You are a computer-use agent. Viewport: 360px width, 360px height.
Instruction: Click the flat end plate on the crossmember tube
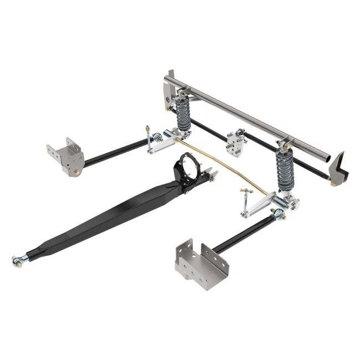(x=168, y=92)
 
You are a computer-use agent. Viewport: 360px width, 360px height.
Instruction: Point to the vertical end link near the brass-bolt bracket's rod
(x=148, y=136)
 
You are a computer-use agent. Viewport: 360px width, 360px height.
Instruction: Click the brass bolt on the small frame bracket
(x=77, y=172)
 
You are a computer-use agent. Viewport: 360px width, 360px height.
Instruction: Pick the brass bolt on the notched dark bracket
(x=333, y=183)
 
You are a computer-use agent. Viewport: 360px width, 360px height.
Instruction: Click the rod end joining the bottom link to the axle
(x=277, y=214)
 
